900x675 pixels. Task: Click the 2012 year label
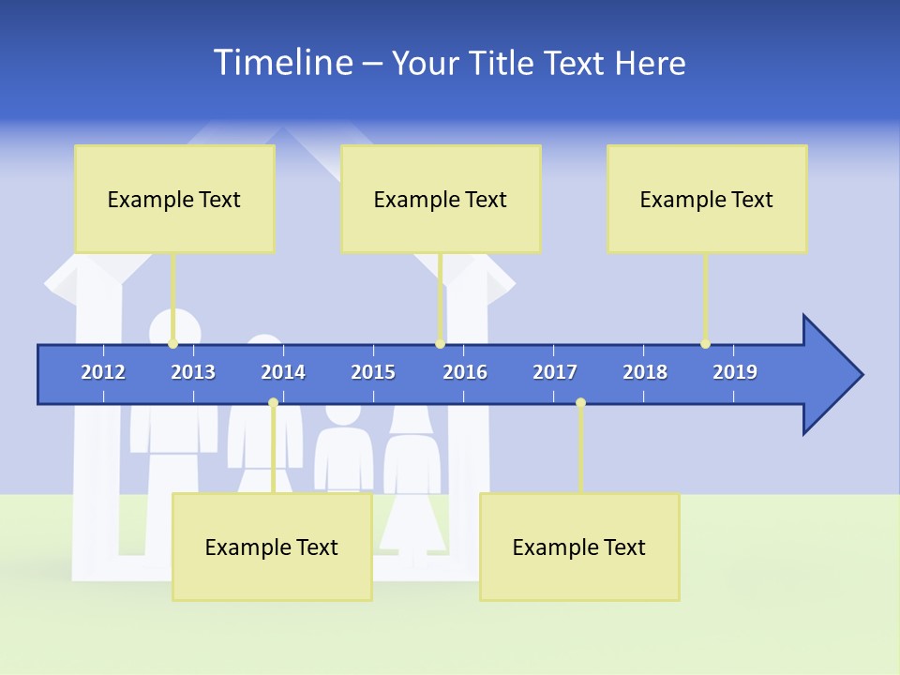103,372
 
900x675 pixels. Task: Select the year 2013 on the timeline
193,372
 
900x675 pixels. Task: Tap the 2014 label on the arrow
283,372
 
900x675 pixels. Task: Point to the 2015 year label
373,372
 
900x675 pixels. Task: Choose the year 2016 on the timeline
465,372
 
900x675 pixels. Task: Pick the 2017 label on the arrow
555,372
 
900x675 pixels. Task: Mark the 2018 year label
645,372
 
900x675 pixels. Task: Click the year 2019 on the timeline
735,372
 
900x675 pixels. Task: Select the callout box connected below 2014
272,547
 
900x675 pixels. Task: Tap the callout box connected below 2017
579,547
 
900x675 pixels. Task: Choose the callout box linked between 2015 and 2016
441,199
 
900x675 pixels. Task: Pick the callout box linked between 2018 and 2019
707,199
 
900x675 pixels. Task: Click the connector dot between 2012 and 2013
173,344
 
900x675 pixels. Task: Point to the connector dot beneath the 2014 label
273,403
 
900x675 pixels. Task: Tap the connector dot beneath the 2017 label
580,403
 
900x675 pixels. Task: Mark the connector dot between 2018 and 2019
705,344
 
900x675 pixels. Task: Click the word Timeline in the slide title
281,63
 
